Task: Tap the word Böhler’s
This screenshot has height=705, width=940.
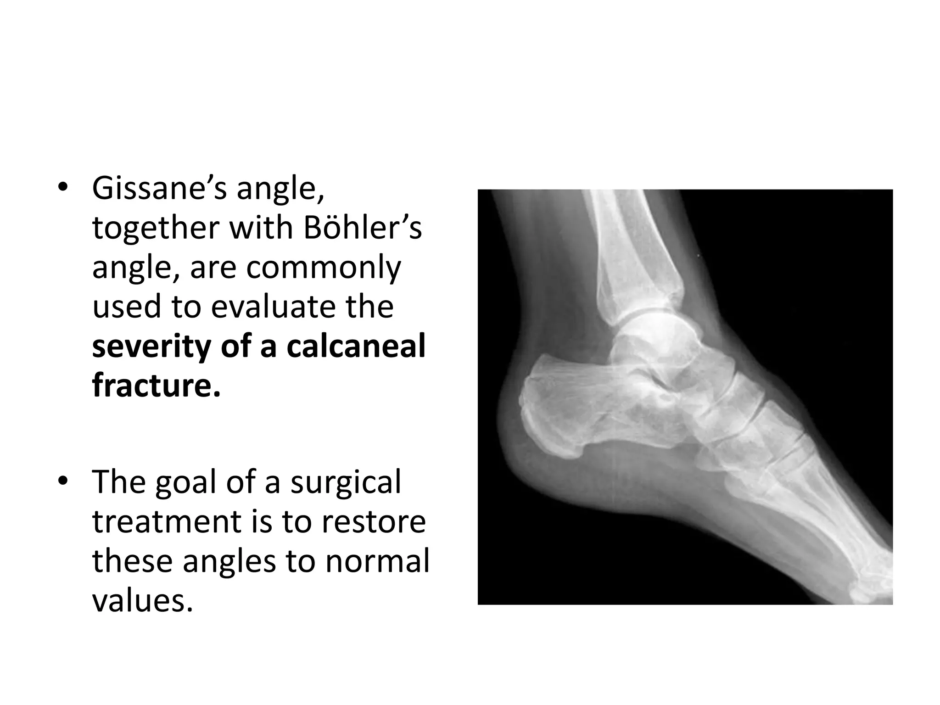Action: [362, 228]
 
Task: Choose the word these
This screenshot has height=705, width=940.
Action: [133, 561]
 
